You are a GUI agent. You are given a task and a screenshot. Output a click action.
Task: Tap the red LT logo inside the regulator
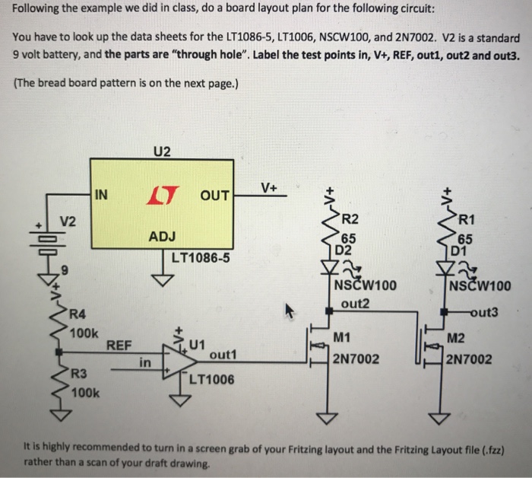pyautogui.click(x=159, y=195)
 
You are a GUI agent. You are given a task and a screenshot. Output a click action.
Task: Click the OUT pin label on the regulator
pyautogui.click(x=215, y=196)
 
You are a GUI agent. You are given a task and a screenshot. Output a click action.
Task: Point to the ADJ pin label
pyautogui.click(x=162, y=237)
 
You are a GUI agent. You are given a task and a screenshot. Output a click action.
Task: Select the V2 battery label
pyautogui.click(x=69, y=221)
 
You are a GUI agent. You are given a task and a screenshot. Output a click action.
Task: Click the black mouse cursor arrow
pyautogui.click(x=290, y=310)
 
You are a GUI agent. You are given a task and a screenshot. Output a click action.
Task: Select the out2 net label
pyautogui.click(x=355, y=302)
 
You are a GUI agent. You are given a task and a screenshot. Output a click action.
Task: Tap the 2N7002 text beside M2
pyautogui.click(x=470, y=358)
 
